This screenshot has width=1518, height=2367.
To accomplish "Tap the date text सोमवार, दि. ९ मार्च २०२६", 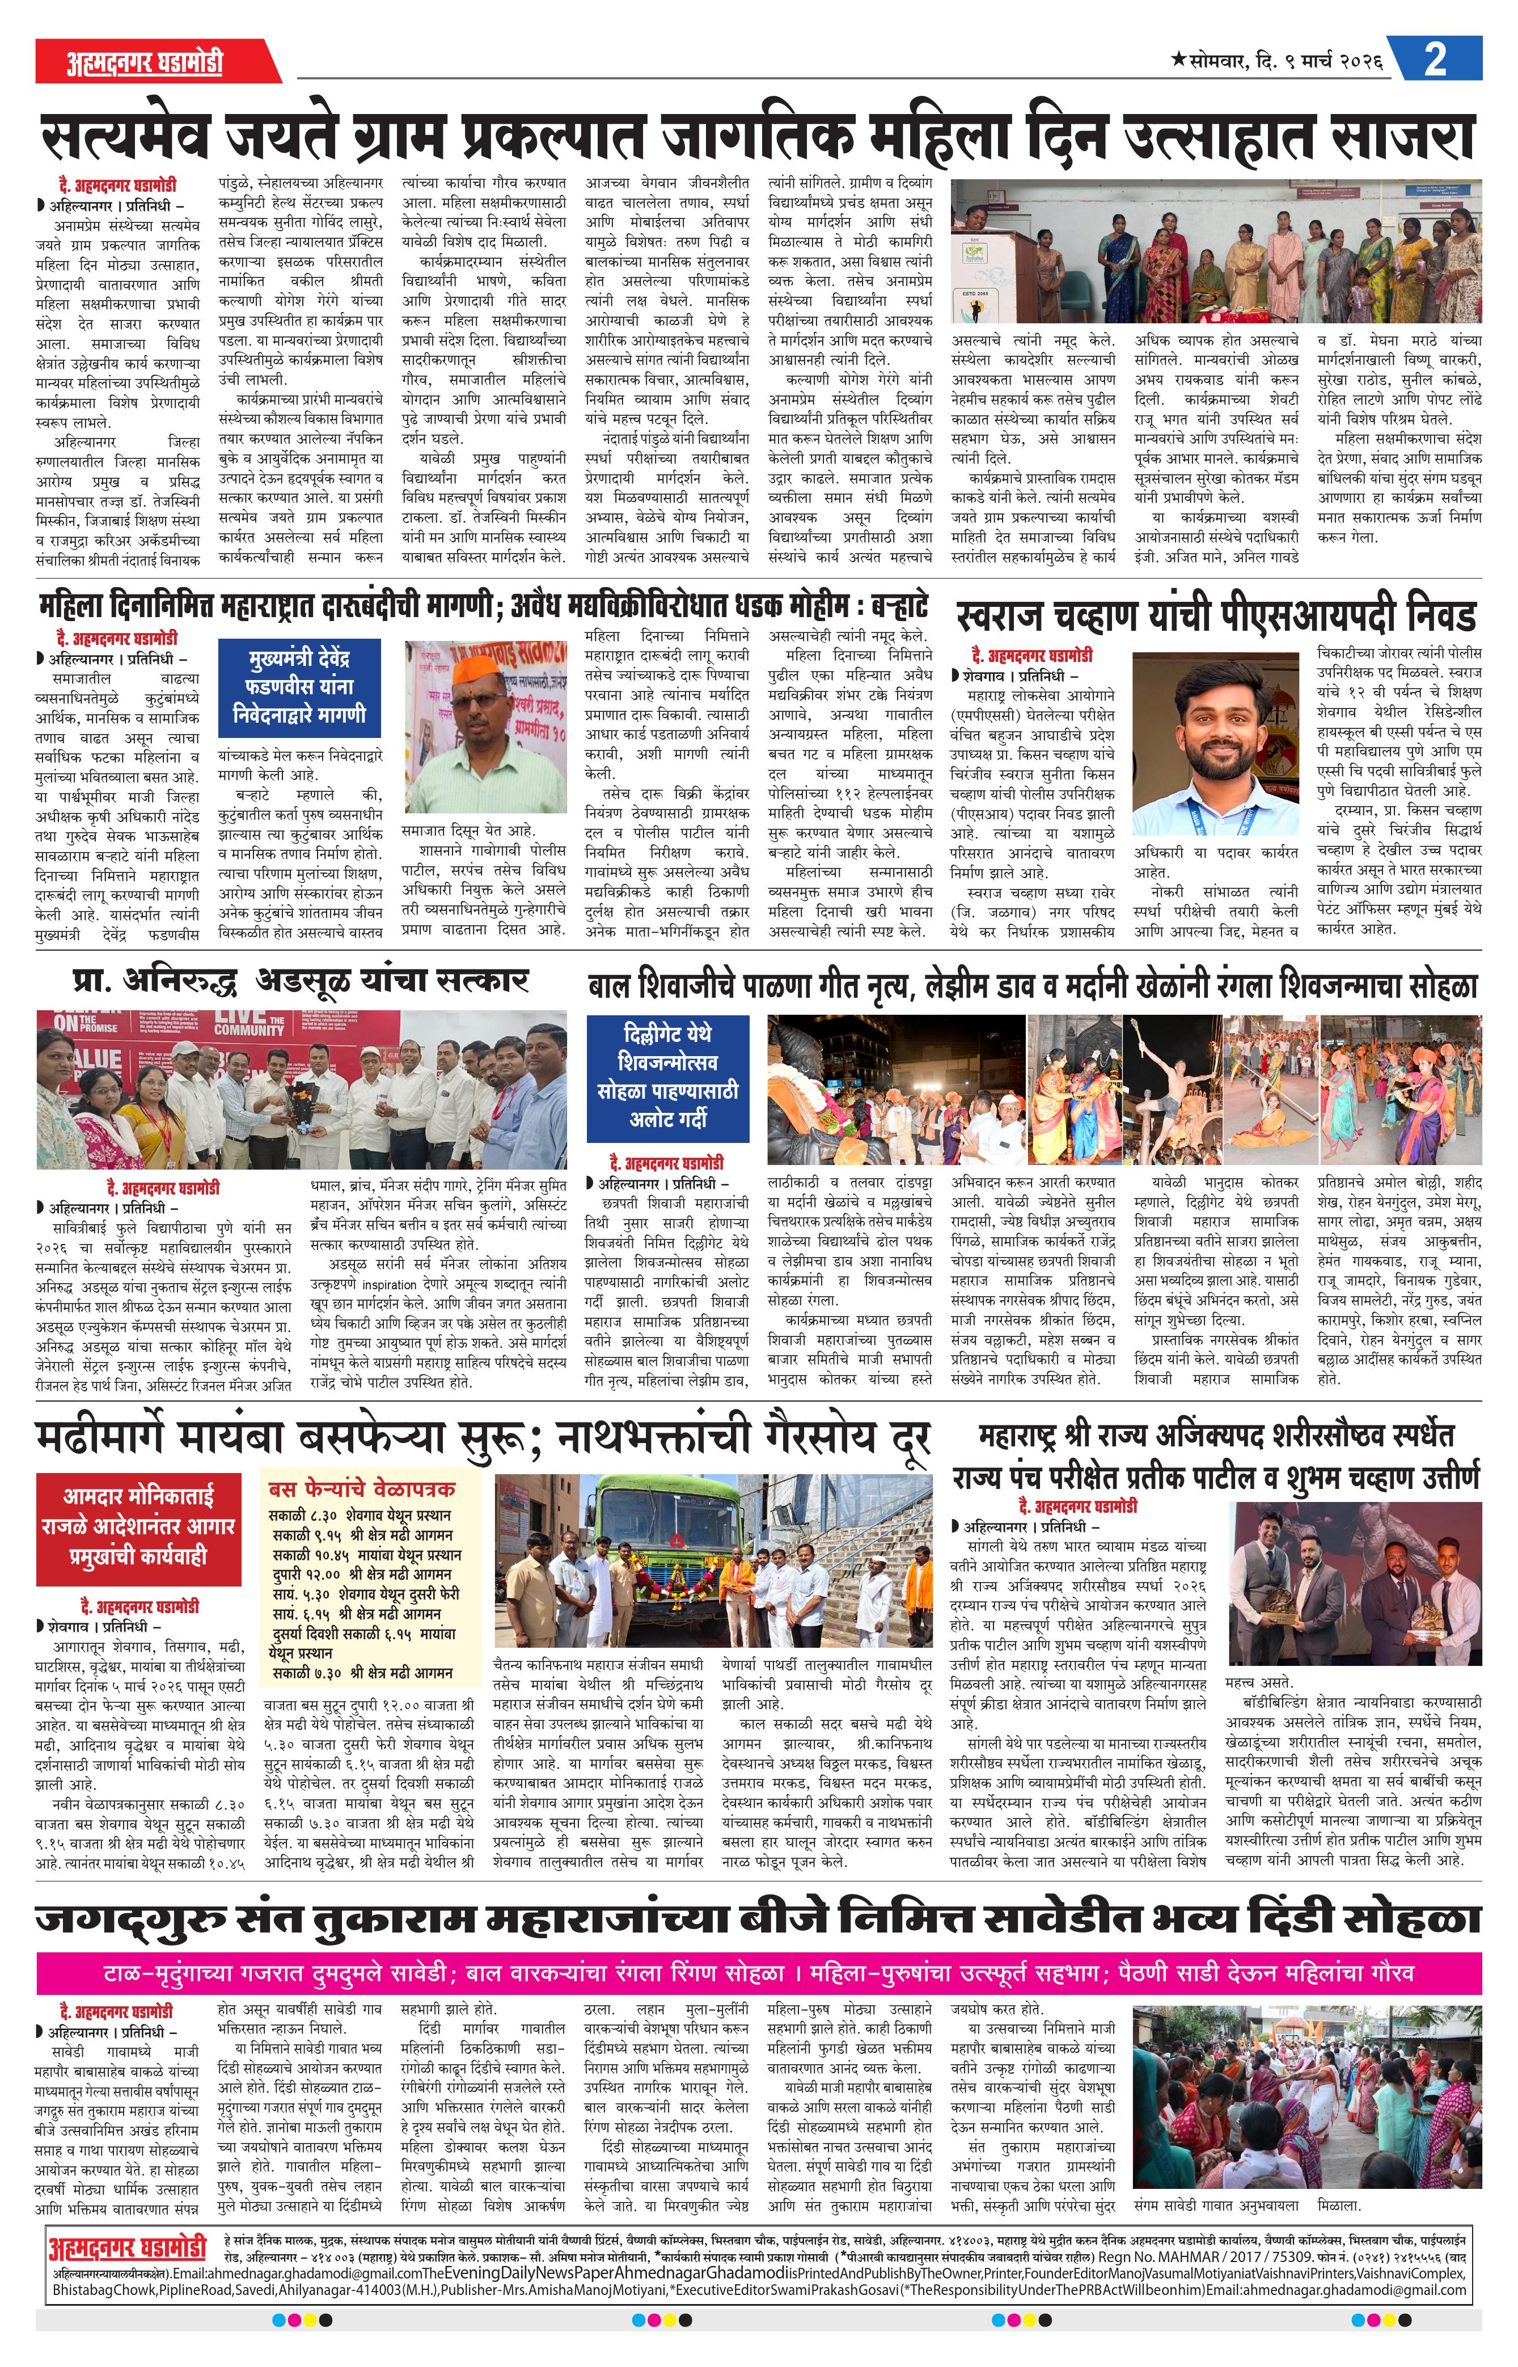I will click(x=1276, y=61).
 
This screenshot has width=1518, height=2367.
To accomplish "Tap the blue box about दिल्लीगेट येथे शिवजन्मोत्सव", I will click(x=669, y=1078).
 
